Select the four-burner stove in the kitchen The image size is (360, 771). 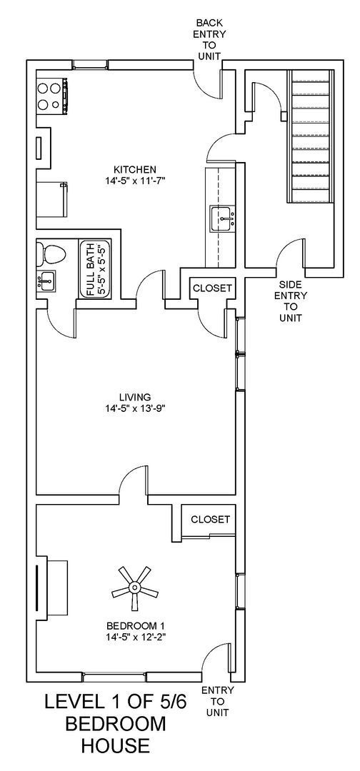[51, 96]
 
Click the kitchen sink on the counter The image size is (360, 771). [222, 218]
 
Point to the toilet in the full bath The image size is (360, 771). [51, 253]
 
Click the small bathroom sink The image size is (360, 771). [46, 281]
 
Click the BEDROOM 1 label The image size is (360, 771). [136, 625]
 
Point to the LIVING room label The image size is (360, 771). [135, 397]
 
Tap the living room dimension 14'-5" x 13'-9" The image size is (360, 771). [135, 409]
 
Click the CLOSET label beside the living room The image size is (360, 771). [211, 288]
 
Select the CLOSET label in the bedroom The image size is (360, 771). [210, 519]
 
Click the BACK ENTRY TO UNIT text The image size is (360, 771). [209, 39]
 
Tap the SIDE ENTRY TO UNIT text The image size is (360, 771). [290, 301]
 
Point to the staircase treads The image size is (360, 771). [311, 136]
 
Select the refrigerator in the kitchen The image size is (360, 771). [51, 198]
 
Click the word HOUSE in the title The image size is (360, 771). [115, 746]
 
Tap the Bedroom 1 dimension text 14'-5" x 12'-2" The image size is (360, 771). [136, 637]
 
